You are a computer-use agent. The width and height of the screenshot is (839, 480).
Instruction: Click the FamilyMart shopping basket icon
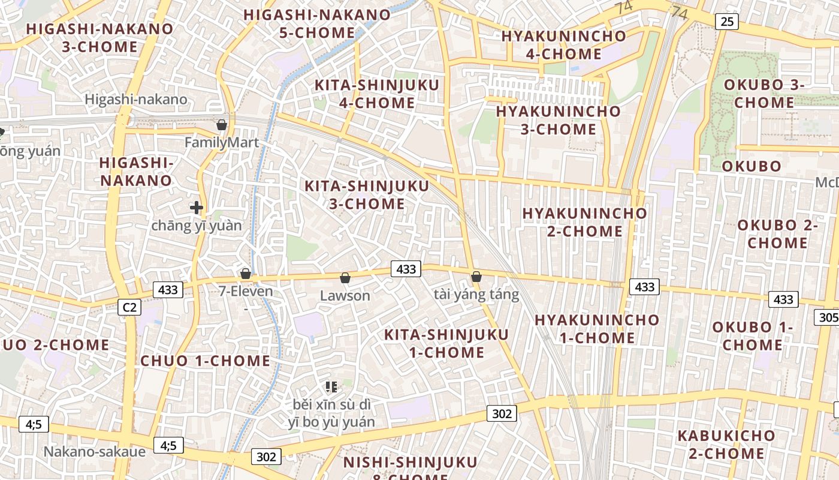click(x=222, y=125)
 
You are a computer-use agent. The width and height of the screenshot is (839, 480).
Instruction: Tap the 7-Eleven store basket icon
click(x=246, y=274)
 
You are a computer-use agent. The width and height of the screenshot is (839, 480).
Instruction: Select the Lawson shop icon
click(x=345, y=277)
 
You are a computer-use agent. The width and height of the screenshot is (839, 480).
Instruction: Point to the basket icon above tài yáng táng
click(x=476, y=277)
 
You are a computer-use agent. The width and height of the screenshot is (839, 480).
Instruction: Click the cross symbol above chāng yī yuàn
click(x=197, y=208)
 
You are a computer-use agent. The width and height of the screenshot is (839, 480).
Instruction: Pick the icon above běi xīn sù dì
click(x=331, y=387)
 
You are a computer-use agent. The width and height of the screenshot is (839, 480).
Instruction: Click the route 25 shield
click(x=727, y=22)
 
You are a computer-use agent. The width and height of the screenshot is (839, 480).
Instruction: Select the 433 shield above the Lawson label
click(x=406, y=269)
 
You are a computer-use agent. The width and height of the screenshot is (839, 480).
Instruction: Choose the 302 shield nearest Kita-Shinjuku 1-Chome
click(x=502, y=413)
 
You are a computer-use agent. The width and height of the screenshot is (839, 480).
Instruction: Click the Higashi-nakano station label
click(x=136, y=100)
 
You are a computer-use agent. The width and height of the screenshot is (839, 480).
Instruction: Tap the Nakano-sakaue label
click(x=95, y=451)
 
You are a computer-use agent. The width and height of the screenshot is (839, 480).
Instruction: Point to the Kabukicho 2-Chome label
click(x=726, y=445)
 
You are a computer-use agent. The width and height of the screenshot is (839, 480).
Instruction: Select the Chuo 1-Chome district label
click(x=205, y=361)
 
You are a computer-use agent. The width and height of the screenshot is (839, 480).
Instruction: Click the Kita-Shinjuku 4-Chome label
click(x=377, y=94)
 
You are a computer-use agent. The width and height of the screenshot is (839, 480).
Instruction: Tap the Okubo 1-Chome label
click(x=752, y=336)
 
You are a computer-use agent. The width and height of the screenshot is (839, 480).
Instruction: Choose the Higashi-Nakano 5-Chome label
click(x=317, y=23)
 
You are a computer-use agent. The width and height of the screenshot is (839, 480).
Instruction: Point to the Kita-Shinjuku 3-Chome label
click(x=367, y=195)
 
